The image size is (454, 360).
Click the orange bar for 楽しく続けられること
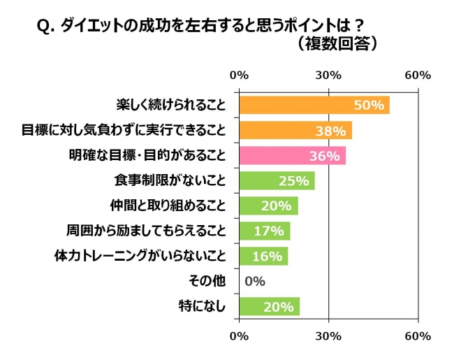[314, 106]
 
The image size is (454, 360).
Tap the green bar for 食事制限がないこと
[277, 181]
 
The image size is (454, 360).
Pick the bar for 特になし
[269, 306]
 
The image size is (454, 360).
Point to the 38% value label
[331, 131]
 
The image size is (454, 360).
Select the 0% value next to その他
[254, 282]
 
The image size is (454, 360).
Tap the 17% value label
[268, 231]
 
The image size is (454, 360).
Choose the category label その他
[208, 281]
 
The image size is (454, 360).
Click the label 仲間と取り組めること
[169, 206]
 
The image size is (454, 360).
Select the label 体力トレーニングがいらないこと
[140, 256]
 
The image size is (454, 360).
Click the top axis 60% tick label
[418, 75]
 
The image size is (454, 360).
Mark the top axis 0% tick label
[240, 75]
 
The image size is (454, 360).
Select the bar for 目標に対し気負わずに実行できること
[295, 131]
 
